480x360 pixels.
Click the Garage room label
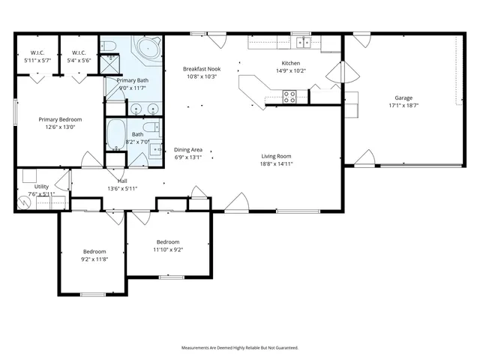click(403, 98)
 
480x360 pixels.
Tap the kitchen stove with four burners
click(289, 95)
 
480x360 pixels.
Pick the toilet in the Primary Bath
click(109, 48)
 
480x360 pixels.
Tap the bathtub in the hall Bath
click(116, 135)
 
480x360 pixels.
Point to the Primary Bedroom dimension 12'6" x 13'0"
click(60, 127)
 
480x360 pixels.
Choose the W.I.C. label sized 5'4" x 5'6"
click(78, 59)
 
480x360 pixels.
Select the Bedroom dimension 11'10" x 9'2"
click(168, 249)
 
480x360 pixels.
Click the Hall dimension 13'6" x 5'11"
click(121, 188)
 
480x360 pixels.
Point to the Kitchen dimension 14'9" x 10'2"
click(290, 70)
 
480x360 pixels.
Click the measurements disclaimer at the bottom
click(239, 348)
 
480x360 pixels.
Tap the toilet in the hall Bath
click(151, 127)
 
